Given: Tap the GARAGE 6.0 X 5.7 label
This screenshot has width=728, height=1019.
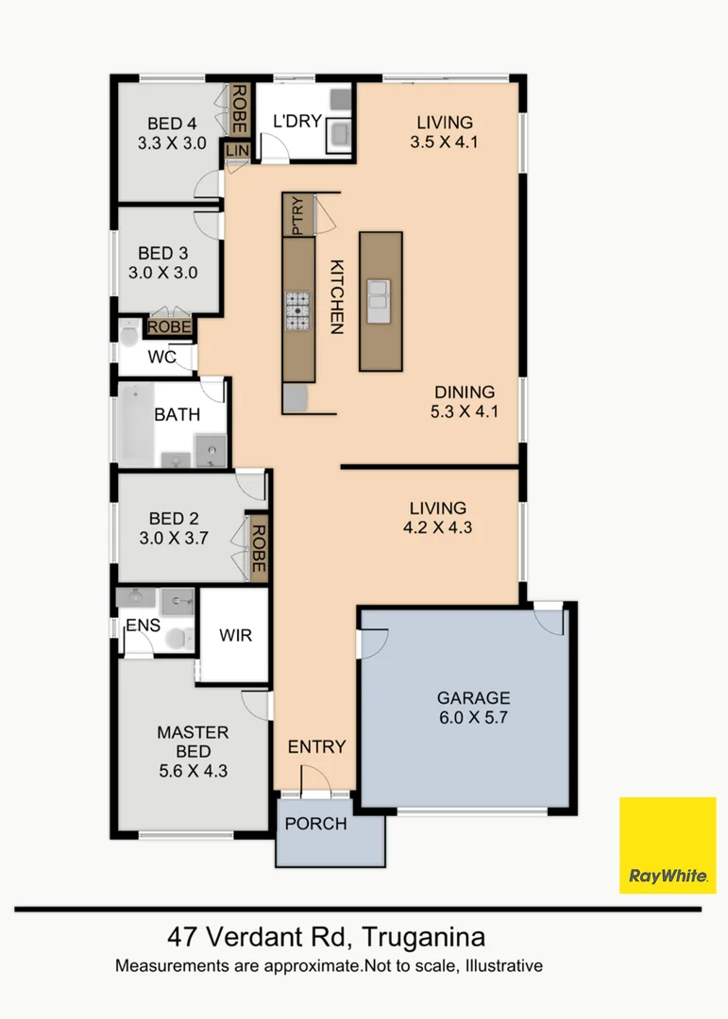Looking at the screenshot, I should (x=473, y=708).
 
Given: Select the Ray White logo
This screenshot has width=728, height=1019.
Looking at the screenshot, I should (x=668, y=844).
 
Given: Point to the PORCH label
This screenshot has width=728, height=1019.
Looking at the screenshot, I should (x=316, y=824).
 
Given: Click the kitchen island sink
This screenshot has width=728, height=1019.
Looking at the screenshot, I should (x=381, y=299).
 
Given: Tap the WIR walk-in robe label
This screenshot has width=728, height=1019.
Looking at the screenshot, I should (x=235, y=635).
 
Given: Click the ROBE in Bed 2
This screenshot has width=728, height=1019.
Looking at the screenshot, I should (x=258, y=547).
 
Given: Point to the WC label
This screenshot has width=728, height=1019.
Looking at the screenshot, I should (x=161, y=358).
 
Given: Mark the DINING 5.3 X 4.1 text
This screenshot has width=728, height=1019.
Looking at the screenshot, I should (x=465, y=401).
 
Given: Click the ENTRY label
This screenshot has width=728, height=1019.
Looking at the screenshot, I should (x=316, y=746).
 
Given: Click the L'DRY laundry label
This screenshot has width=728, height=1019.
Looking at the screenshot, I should (x=297, y=122).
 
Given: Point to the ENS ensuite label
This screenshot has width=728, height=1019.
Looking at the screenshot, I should (x=144, y=625).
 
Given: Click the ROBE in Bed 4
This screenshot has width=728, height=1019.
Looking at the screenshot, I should (x=240, y=109).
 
